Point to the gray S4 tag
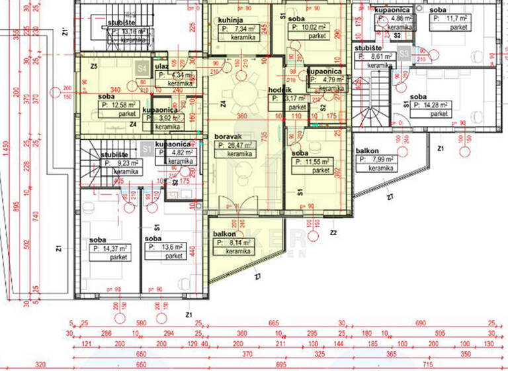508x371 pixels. [x=141, y=67]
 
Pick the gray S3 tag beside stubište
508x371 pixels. [x=403, y=51]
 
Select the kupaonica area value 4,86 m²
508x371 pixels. [x=392, y=19]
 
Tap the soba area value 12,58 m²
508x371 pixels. [x=119, y=105]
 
